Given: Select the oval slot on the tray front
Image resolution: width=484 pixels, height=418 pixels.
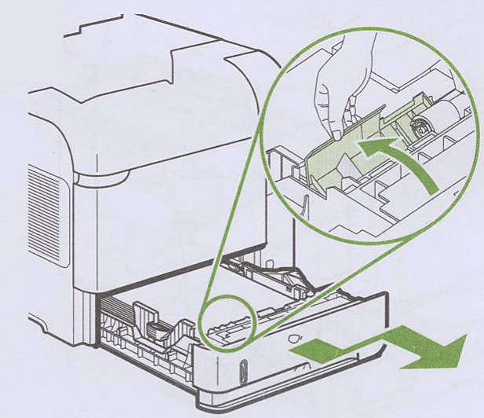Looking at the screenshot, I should (242, 370).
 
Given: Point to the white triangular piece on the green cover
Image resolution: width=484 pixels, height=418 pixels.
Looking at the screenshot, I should (313, 180).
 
